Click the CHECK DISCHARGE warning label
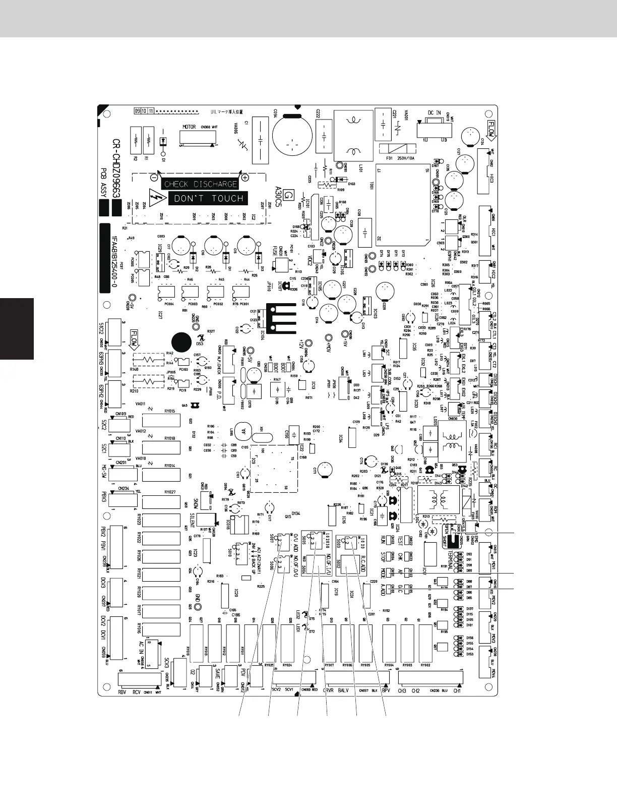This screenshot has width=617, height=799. coord(201,184)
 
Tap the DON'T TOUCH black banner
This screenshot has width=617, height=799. coord(208,198)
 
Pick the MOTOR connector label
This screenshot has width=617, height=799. coord(189,127)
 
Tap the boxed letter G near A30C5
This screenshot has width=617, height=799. coord(288,194)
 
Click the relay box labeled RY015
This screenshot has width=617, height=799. coord(161,420)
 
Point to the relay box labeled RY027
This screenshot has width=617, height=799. coord(161,501)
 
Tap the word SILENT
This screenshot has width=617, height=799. coord(192,520)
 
